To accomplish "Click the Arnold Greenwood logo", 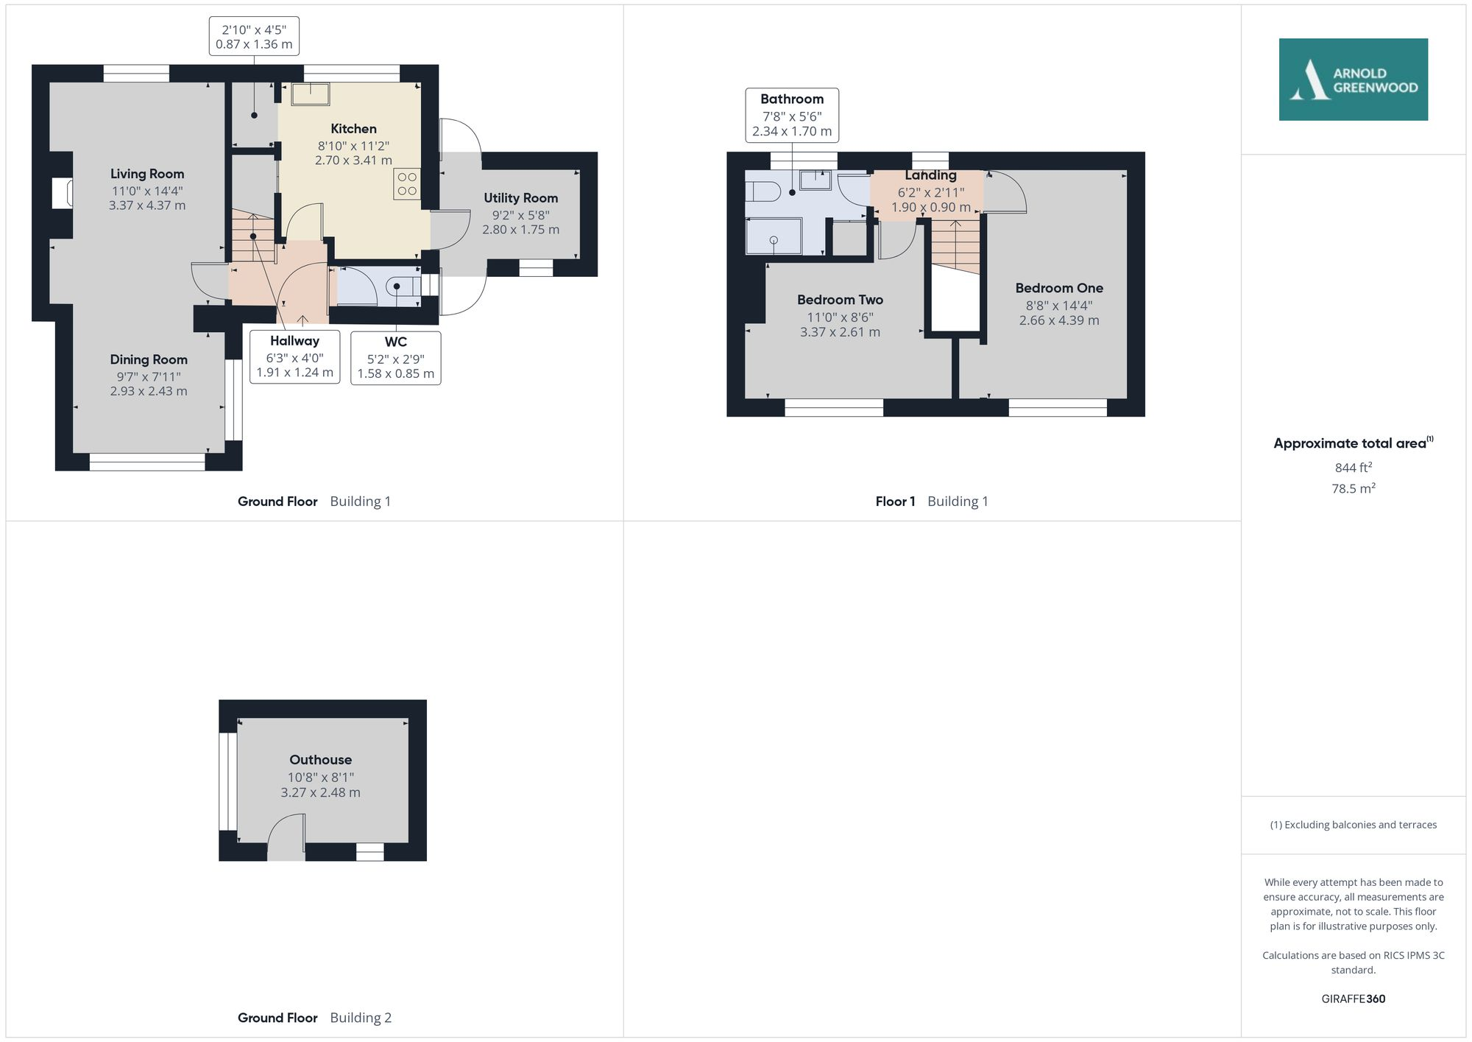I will tap(1353, 80).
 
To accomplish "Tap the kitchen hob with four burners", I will tap(407, 184).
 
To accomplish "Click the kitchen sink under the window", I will tap(310, 94).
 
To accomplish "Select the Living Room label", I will tap(147, 174).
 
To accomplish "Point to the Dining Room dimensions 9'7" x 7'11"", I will tap(149, 376).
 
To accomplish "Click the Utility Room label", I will tap(520, 198).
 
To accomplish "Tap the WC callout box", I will tap(396, 358).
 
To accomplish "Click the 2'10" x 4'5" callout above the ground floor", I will tap(254, 36).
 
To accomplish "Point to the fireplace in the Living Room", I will tap(63, 194).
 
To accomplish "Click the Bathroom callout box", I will tap(792, 115).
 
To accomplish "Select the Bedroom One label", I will tap(1058, 288).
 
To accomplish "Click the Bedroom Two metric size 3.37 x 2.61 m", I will tap(840, 332).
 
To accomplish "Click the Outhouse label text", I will tap(320, 759).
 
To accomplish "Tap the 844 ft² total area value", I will tap(1353, 468).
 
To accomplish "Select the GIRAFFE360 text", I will tap(1353, 999).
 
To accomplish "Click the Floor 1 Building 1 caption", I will tap(931, 501).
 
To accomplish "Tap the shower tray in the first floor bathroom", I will tap(774, 237).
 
